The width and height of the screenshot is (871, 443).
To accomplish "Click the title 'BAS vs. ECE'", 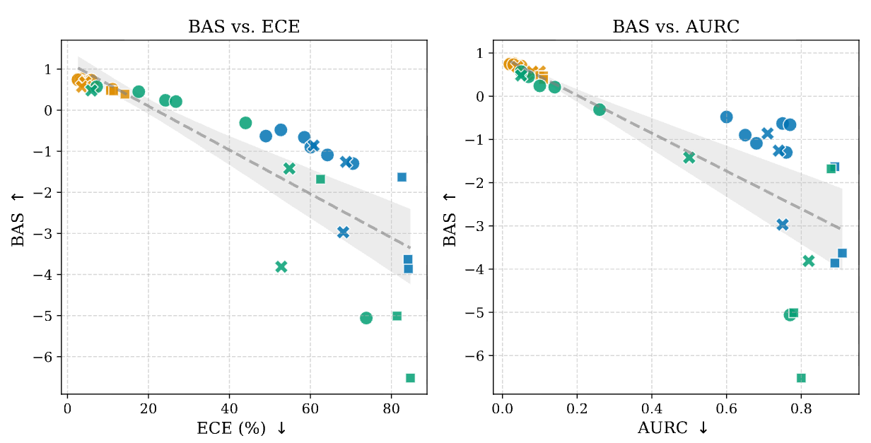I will coord(244,28).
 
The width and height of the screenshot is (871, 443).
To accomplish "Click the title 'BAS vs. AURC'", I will coord(675,28).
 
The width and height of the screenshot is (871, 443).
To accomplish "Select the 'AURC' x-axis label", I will coord(673,428).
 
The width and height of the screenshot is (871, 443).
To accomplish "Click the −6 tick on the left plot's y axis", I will coord(48,357).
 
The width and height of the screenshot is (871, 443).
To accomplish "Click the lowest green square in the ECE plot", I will coord(410,378).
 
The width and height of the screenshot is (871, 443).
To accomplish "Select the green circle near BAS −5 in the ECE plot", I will coord(366,318).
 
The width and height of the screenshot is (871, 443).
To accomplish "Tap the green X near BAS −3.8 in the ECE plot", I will coord(281,266).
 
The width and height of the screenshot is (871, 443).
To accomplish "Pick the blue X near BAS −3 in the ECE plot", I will coord(344,232).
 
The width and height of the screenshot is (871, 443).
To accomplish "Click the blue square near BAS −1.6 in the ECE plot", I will coord(402,177).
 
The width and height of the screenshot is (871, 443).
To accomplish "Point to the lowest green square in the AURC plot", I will coord(801,378).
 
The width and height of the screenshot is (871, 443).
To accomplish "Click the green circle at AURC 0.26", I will coord(600,110).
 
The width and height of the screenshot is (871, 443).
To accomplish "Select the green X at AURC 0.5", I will coord(689,158).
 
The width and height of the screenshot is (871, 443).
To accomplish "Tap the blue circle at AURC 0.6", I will coord(726,117).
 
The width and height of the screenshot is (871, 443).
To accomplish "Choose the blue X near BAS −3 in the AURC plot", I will coord(783,225).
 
